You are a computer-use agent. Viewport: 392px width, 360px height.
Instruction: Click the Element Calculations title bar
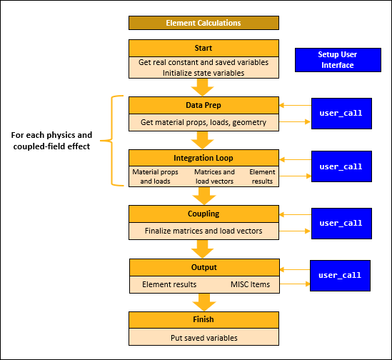pyautogui.click(x=203, y=23)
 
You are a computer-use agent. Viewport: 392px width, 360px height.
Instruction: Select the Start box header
pyautogui.click(x=203, y=48)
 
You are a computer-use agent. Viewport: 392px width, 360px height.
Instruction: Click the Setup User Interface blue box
pyautogui.click(x=337, y=60)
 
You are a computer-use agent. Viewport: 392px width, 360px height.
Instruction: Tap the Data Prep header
pyautogui.click(x=203, y=105)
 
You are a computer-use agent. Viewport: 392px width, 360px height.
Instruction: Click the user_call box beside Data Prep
pyautogui.click(x=341, y=113)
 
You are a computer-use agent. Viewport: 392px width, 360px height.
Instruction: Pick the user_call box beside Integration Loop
pyautogui.click(x=341, y=166)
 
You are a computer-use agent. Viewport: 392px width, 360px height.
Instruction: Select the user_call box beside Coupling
pyautogui.click(x=341, y=223)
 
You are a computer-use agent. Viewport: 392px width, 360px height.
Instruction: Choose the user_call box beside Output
pyautogui.click(x=340, y=275)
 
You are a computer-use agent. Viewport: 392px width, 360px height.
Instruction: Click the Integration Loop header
pyautogui.click(x=203, y=157)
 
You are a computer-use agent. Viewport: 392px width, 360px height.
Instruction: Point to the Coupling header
pyautogui.click(x=203, y=214)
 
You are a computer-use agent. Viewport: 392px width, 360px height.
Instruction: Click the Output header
pyautogui.click(x=203, y=267)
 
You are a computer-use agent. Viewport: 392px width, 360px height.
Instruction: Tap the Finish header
pyautogui.click(x=203, y=319)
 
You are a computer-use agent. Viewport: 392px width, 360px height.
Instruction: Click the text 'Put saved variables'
pyautogui.click(x=203, y=336)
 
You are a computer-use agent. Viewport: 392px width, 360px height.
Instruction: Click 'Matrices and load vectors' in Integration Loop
pyautogui.click(x=214, y=176)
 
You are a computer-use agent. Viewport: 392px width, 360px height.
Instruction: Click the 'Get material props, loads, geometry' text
pyautogui.click(x=203, y=122)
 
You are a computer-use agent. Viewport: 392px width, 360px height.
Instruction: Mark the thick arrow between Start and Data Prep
pyautogui.click(x=203, y=87)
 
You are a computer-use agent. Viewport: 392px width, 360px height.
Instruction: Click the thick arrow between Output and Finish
pyautogui.click(x=203, y=301)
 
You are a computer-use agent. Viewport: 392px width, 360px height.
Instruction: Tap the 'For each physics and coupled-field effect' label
pyautogui.click(x=56, y=140)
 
